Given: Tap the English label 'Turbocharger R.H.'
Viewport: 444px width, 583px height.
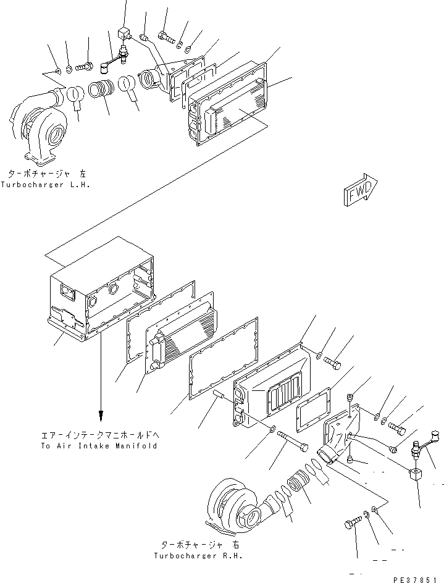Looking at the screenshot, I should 199,555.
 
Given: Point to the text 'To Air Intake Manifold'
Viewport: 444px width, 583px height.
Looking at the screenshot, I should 99,445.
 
